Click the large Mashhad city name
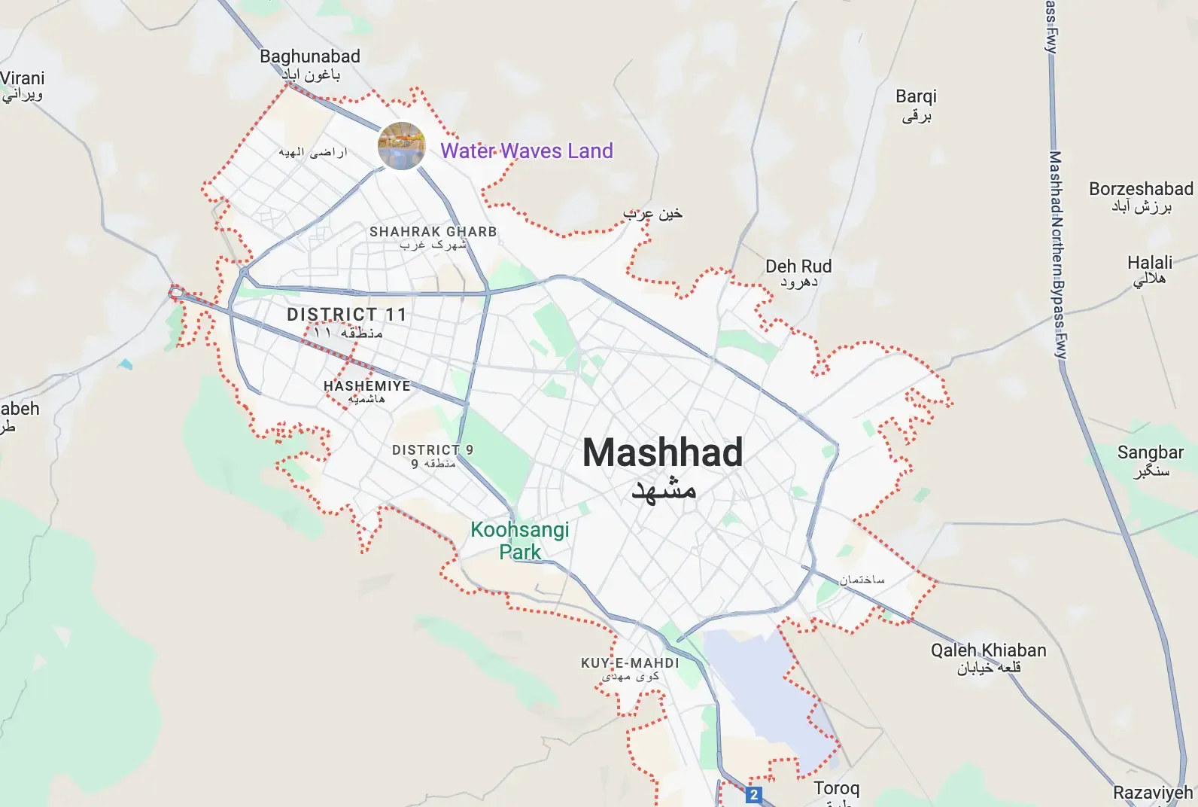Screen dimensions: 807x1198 point(663,453)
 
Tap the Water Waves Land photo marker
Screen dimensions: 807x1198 point(402,146)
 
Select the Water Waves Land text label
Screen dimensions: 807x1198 point(527,151)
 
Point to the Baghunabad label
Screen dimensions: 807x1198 point(310,56)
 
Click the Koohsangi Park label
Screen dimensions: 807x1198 point(520,541)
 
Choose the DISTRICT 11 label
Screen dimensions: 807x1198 point(347,315)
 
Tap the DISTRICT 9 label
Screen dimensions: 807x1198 point(433,450)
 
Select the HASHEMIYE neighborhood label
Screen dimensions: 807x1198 point(367,386)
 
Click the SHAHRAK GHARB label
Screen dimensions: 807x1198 point(433,232)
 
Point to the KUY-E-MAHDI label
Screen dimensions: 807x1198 point(630,663)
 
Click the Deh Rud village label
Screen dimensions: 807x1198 point(798,266)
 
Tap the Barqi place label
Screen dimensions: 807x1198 point(916,96)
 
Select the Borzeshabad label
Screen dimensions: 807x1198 point(1141,189)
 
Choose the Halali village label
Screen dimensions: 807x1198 point(1150,263)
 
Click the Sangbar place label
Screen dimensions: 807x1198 point(1151,452)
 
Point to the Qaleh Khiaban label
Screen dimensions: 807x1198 point(988,650)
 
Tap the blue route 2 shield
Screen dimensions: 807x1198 point(754,794)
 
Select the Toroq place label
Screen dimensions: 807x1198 point(836,788)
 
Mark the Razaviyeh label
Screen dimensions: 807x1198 point(1153,793)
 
